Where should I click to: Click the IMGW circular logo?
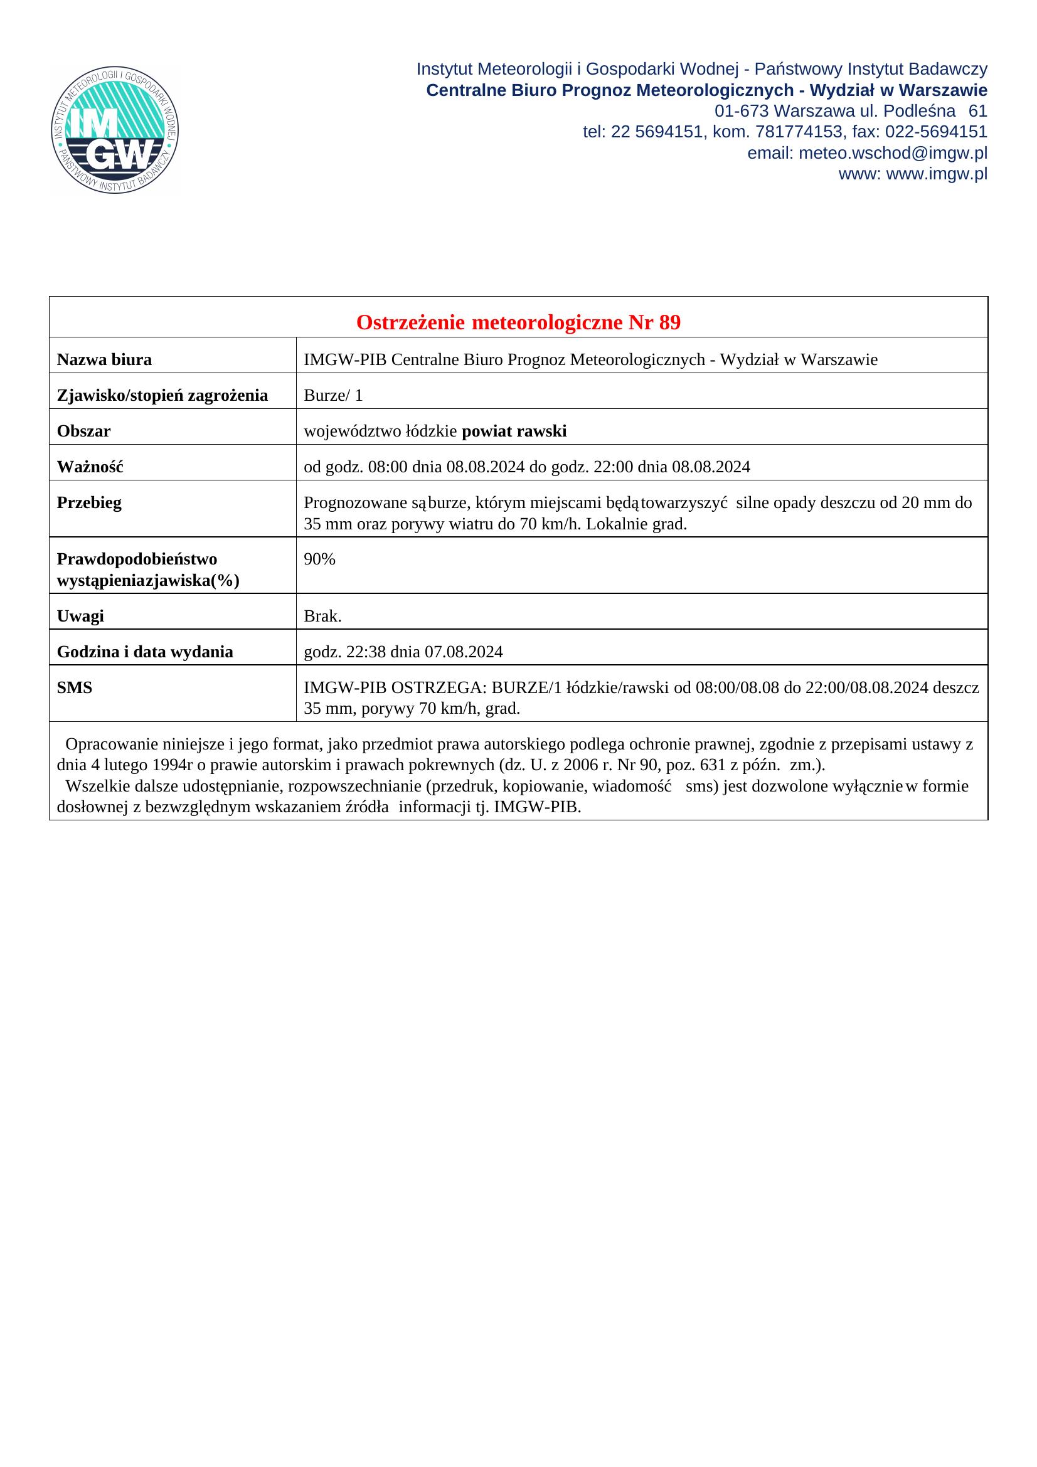click(115, 130)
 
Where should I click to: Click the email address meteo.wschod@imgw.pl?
click(892, 153)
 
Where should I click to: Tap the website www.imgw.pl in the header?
click(937, 174)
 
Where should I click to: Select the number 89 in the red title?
click(669, 322)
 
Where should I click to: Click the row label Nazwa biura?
click(104, 360)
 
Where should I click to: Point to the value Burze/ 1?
click(333, 396)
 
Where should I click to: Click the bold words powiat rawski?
click(514, 432)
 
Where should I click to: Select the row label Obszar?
click(83, 432)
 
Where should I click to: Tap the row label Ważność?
click(90, 467)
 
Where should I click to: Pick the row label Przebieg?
click(89, 503)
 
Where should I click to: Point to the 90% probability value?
click(319, 559)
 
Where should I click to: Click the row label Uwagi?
click(80, 616)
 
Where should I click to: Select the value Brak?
click(322, 616)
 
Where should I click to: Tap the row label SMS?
click(75, 687)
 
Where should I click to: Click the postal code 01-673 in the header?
click(741, 111)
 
